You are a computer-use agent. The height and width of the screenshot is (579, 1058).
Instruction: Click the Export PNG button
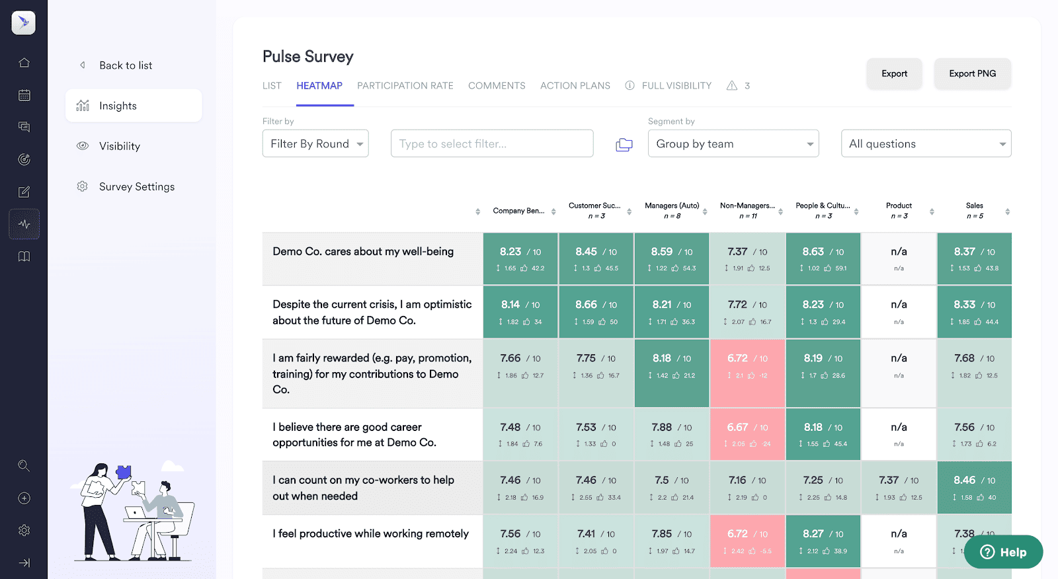click(x=972, y=73)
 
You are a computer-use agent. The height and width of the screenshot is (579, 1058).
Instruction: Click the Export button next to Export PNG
click(x=894, y=73)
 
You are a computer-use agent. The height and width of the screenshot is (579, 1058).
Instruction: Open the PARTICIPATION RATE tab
click(x=405, y=86)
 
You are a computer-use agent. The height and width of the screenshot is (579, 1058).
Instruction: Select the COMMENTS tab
click(x=497, y=86)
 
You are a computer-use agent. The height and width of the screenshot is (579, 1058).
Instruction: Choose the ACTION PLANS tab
click(x=575, y=86)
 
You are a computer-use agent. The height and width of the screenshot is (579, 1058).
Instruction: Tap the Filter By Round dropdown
click(x=315, y=143)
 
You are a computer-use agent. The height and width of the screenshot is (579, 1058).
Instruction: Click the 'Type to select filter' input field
click(x=491, y=143)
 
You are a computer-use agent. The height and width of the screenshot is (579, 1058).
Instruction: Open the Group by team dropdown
click(x=733, y=143)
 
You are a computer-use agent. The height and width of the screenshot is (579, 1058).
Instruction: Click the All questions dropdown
click(x=925, y=143)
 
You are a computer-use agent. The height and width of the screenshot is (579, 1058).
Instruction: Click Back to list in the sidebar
click(x=125, y=65)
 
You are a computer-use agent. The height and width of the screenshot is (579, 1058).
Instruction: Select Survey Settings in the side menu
click(x=136, y=186)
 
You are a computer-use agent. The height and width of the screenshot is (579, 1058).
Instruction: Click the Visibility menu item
click(x=119, y=146)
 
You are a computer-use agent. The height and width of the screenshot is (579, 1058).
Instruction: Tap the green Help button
click(x=1003, y=552)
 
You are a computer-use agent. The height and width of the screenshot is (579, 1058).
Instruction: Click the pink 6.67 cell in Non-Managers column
click(x=747, y=434)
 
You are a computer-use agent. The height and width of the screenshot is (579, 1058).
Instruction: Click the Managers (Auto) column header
click(x=672, y=210)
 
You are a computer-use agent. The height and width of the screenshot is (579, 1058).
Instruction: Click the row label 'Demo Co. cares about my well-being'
click(x=363, y=252)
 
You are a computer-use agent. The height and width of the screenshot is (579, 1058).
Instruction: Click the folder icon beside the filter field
click(x=624, y=145)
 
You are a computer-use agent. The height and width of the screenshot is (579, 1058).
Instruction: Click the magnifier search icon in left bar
click(x=24, y=466)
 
